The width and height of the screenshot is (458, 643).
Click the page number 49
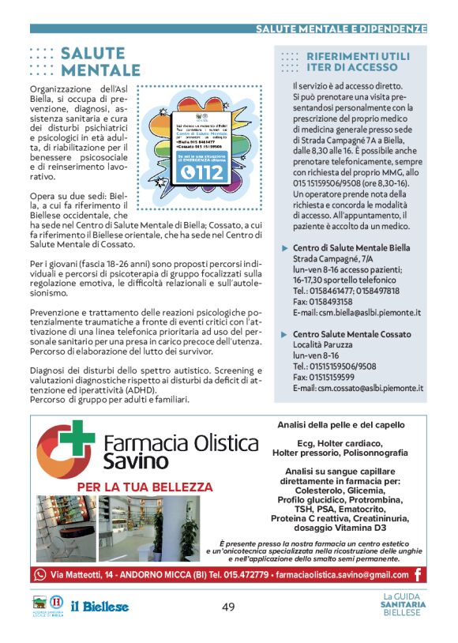pos(228,607)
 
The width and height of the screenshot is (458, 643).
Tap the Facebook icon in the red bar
pos(418,575)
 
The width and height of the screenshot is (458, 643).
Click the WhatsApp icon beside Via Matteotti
pos(41,575)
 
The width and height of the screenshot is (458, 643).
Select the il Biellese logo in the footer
pos(99,607)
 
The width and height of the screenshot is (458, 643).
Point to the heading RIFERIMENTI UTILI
pos(358,57)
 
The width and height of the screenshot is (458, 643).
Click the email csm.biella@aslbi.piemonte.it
pos(356,313)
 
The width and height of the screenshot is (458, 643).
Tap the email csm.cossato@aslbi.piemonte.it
pos(358,388)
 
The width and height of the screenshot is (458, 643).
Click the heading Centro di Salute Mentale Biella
pos(351,248)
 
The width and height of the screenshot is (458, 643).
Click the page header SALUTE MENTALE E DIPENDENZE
pos(340,28)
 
